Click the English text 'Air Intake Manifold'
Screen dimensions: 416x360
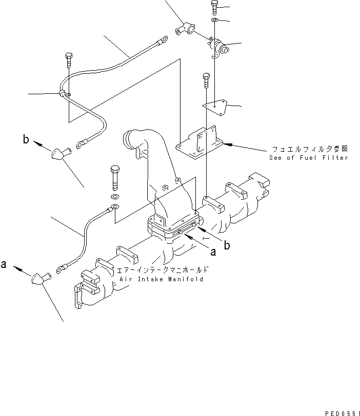click(x=162, y=279)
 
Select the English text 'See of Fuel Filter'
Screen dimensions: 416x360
click(x=308, y=158)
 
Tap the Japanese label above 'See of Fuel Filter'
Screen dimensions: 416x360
click(x=308, y=149)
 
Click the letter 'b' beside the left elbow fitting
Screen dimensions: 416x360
click(x=25, y=139)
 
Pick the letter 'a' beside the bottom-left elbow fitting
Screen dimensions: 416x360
click(x=4, y=265)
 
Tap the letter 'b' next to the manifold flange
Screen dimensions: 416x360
click(x=227, y=245)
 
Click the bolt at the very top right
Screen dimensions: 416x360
click(x=214, y=8)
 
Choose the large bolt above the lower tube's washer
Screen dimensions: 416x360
click(x=114, y=177)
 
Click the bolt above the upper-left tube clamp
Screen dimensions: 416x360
click(x=68, y=60)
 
